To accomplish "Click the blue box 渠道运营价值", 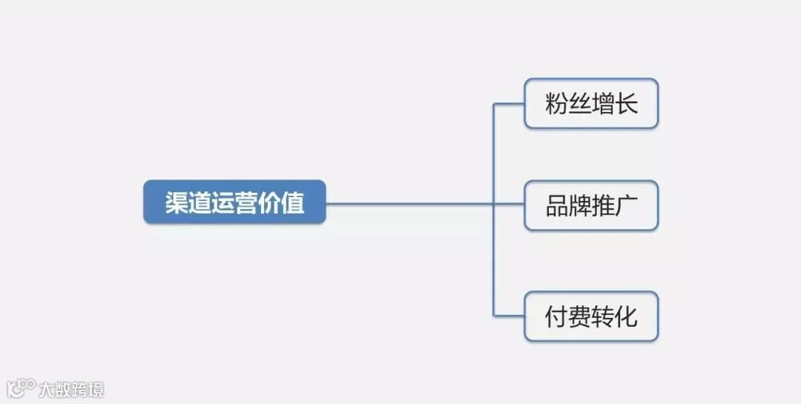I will [x=234, y=202].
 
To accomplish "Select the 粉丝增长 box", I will [x=591, y=103].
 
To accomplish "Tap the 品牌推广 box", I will [x=591, y=205].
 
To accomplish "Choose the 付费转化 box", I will [x=591, y=317].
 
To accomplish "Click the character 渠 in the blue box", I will [x=177, y=202].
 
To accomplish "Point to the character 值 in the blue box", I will [x=293, y=202].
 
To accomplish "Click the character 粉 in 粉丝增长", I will [x=557, y=104].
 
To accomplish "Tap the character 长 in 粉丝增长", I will [x=627, y=104].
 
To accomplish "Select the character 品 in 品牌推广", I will [x=557, y=206].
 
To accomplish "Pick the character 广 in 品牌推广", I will [x=627, y=206].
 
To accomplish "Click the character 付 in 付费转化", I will [x=557, y=317].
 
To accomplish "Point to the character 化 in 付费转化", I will [x=627, y=317].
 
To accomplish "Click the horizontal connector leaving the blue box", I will [x=408, y=202].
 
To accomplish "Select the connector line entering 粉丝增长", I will [x=510, y=104].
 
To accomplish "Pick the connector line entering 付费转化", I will [x=510, y=317].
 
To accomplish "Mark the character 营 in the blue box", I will [x=246, y=202].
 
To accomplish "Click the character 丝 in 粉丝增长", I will [x=580, y=104].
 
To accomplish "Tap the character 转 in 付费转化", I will [x=603, y=317].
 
